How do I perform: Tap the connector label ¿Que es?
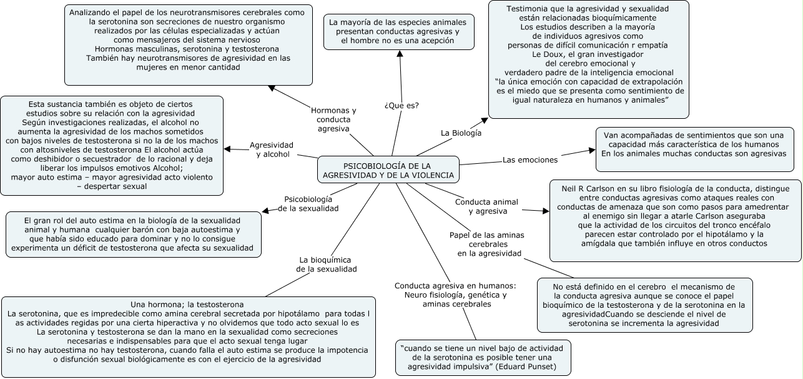pyautogui.click(x=401, y=105)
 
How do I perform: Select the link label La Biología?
pyautogui.click(x=461, y=133)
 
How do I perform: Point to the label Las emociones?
pyautogui.click(x=530, y=159)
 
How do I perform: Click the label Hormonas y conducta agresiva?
pyautogui.click(x=333, y=119)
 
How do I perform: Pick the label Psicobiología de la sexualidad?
pyautogui.click(x=308, y=203)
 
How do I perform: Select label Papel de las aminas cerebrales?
pyautogui.click(x=488, y=243)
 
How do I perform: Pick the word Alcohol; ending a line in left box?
pyautogui.click(x=164, y=168)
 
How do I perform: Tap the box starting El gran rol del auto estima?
pyautogui.click(x=132, y=235)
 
